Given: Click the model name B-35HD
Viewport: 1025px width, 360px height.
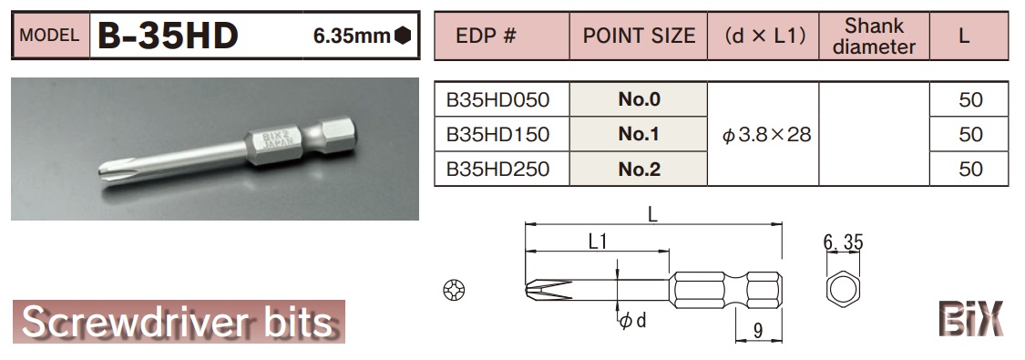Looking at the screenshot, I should pyautogui.click(x=169, y=36).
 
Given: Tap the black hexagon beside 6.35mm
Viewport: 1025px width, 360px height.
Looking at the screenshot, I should pyautogui.click(x=403, y=36).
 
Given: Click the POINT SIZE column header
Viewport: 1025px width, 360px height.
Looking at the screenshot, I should pyautogui.click(x=639, y=36).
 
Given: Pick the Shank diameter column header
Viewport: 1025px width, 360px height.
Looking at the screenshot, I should pyautogui.click(x=874, y=36).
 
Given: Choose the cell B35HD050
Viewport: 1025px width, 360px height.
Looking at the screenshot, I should pyautogui.click(x=497, y=100).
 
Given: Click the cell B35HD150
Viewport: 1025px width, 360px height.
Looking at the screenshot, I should pyautogui.click(x=497, y=134).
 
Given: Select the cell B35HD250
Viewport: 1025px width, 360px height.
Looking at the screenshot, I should pyautogui.click(x=497, y=169).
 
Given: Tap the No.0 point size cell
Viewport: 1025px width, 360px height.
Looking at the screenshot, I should pyautogui.click(x=639, y=100).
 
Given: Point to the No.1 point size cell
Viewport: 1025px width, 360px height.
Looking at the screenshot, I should pyautogui.click(x=639, y=134).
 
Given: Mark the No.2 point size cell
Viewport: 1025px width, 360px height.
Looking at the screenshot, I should pyautogui.click(x=639, y=169).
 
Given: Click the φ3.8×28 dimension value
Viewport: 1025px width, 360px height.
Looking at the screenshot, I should pyautogui.click(x=765, y=135).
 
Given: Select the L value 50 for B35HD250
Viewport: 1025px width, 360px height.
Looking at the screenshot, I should pyautogui.click(x=970, y=169).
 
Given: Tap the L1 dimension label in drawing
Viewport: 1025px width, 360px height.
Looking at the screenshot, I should pyautogui.click(x=598, y=242).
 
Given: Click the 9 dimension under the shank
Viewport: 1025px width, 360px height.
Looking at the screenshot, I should pyautogui.click(x=758, y=332).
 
